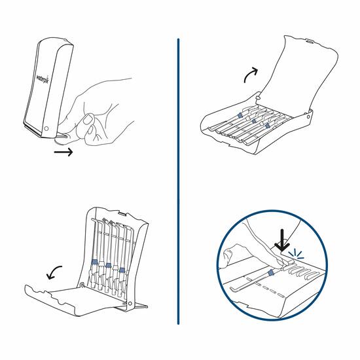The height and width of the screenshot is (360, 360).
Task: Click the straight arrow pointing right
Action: coord(63,153)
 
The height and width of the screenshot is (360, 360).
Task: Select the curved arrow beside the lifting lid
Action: coord(249,77)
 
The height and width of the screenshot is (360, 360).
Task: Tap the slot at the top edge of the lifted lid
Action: coord(307,44)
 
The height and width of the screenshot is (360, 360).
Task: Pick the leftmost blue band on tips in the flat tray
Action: coord(240,114)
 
